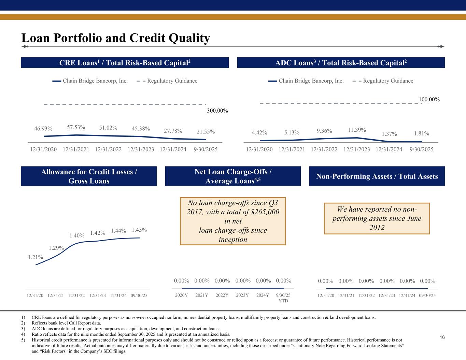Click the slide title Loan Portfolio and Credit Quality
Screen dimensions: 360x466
(x=115, y=38)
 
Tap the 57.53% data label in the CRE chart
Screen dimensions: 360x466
(x=76, y=127)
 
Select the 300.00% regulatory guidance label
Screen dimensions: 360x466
(x=217, y=111)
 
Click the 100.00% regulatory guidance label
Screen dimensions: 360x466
(x=429, y=99)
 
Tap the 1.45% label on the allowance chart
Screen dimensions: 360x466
(x=139, y=230)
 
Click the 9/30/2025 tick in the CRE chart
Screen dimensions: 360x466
(x=205, y=149)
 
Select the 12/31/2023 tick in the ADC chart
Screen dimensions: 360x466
(x=356, y=149)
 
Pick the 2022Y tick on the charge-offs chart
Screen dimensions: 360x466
(x=222, y=295)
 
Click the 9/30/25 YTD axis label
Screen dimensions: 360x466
(x=283, y=298)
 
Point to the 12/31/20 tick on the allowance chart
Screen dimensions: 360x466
(x=35, y=295)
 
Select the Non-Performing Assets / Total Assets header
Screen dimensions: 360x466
(x=377, y=176)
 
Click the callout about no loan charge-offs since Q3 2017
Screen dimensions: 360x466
(x=233, y=221)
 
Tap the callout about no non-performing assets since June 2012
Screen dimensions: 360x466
(x=377, y=218)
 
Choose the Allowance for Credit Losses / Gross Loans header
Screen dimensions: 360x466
(x=89, y=176)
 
